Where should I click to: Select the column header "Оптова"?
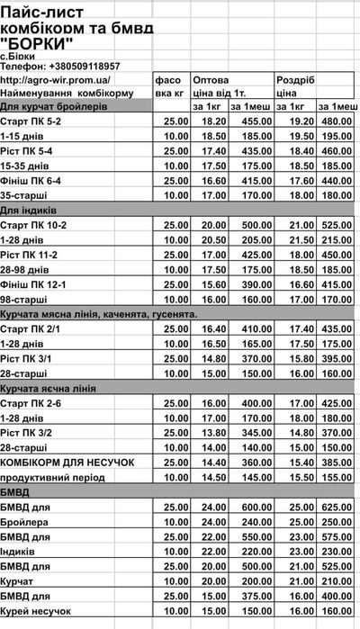tap(210, 79)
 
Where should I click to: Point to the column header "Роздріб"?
tap(296, 79)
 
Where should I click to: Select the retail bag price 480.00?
tap(337, 121)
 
